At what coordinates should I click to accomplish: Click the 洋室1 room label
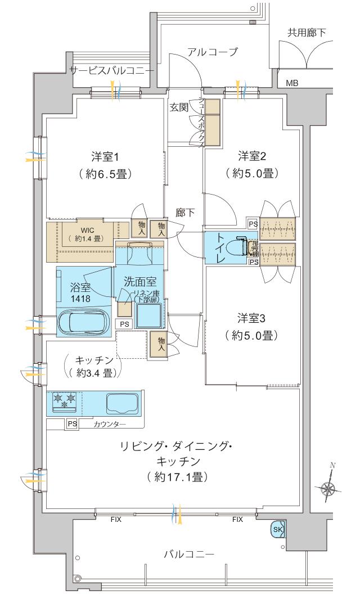(x=105, y=155)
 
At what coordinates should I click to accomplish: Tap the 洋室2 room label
(x=251, y=155)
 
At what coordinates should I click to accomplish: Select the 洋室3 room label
(x=251, y=319)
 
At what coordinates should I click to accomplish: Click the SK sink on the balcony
(x=278, y=529)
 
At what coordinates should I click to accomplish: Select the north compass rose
(x=327, y=487)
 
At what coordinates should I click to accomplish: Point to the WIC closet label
(x=87, y=229)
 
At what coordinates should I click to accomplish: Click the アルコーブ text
(x=213, y=52)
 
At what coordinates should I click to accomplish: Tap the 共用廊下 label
(x=307, y=33)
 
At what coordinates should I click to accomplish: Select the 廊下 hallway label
(x=185, y=212)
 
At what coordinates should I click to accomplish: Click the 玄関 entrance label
(x=179, y=107)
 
